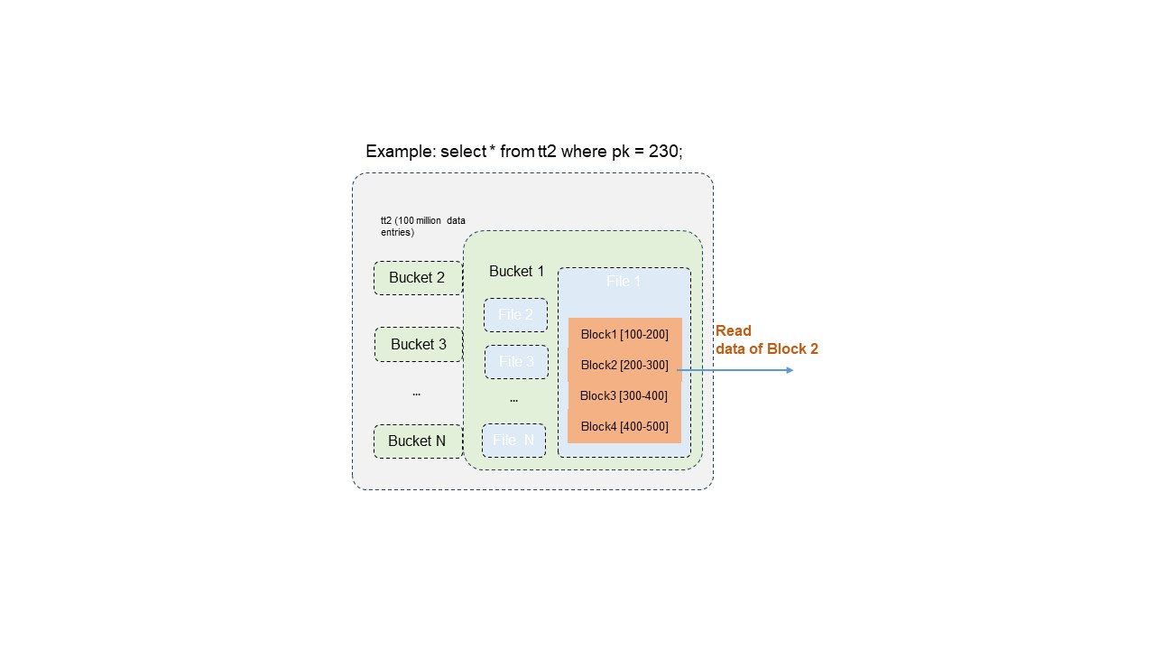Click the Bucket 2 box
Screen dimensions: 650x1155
click(418, 278)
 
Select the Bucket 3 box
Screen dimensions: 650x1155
click(418, 344)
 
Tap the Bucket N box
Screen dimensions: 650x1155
click(417, 441)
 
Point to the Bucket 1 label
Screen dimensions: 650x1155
click(516, 271)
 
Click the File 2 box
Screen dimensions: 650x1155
click(515, 315)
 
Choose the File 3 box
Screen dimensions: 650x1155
click(516, 362)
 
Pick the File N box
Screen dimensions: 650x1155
click(513, 441)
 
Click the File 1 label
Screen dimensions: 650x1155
click(624, 282)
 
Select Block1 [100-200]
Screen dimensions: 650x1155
click(624, 334)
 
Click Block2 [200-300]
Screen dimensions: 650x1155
click(624, 365)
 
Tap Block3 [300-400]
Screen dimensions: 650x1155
click(624, 395)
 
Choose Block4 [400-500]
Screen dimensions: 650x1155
click(624, 426)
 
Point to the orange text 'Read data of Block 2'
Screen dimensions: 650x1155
click(766, 339)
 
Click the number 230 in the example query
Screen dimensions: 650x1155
click(664, 152)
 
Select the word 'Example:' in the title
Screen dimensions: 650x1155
click(400, 152)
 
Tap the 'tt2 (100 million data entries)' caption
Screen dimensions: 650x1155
click(422, 226)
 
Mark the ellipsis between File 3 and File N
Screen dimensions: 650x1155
click(513, 399)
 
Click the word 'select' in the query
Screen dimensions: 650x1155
click(462, 152)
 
